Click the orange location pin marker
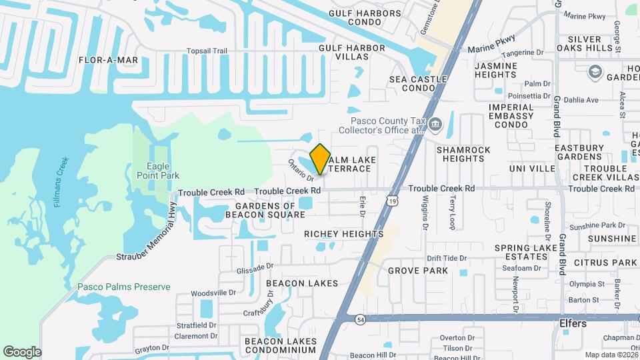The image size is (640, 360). pos(320,159)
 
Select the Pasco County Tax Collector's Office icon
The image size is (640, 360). pos(435,123)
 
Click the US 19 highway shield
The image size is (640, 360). pos(391,199)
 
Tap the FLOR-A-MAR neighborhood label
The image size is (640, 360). pos(108,60)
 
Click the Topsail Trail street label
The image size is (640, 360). pos(207,51)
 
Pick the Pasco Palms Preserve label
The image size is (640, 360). pos(123,287)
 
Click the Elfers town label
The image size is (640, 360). pos(573,323)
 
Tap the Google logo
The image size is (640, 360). pos(22,351)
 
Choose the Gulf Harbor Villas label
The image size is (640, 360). pos(351,53)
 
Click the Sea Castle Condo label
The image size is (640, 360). pos(418,83)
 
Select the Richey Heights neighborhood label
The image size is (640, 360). pos(343,234)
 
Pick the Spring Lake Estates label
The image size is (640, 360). pos(526,253)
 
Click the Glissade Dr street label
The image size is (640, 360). pos(255,267)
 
